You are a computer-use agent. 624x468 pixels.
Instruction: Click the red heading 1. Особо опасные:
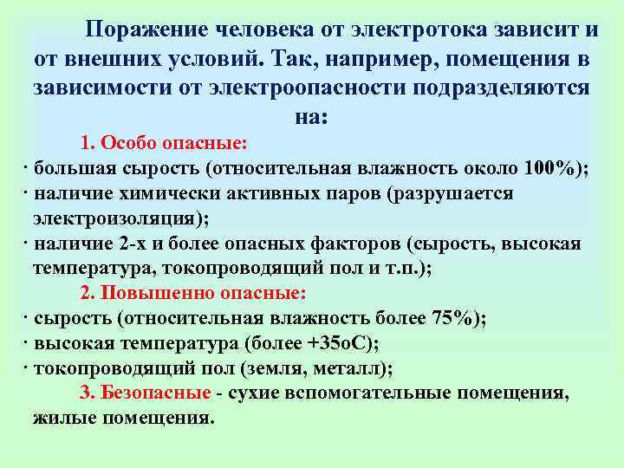(x=164, y=142)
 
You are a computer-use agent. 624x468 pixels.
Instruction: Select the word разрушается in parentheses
(x=458, y=192)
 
